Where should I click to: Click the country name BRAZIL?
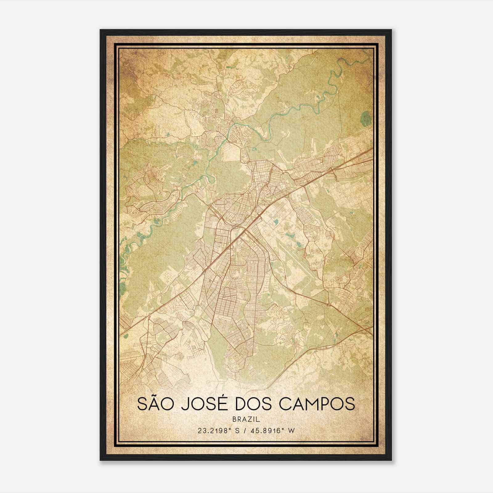tap(246, 419)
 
